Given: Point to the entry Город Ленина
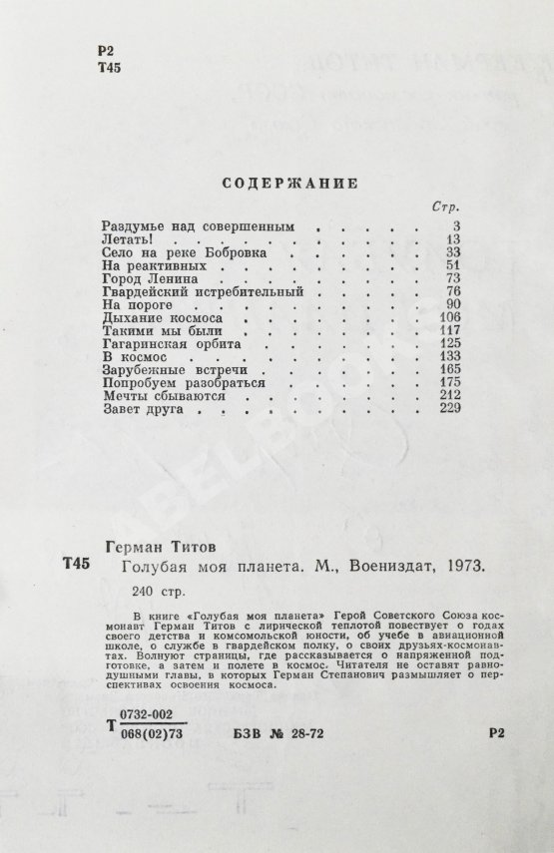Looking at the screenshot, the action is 146,280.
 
